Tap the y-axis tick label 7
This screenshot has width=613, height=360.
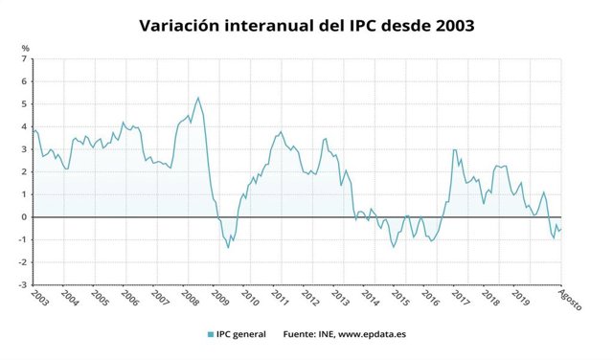point(25,59)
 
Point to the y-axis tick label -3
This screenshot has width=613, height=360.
point(23,285)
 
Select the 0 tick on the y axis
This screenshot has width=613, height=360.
point(25,217)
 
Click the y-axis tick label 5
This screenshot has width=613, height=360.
point(25,104)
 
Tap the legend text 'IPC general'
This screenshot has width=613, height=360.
point(243,334)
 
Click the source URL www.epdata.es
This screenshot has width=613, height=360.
point(374,334)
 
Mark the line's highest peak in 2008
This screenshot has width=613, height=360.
point(197,98)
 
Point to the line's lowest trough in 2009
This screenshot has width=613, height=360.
point(228,247)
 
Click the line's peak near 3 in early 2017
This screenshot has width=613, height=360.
point(454,149)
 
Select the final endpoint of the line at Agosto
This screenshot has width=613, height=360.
point(561,228)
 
